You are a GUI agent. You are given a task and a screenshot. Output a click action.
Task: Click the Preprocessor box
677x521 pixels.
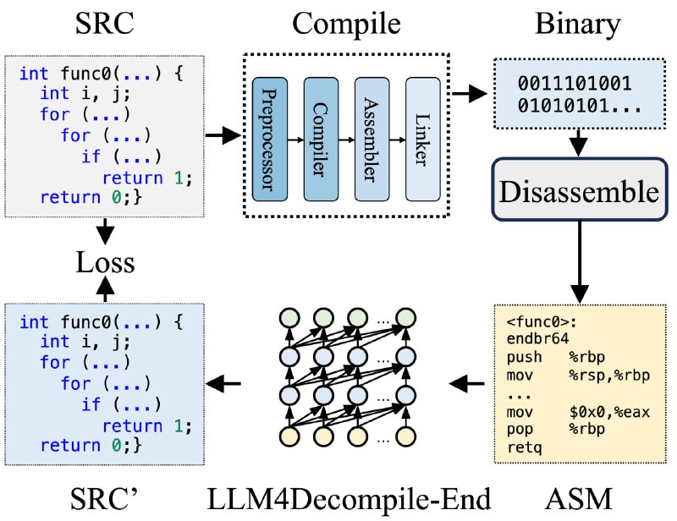tap(270, 139)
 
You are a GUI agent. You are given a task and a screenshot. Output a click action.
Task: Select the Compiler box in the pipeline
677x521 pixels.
tap(321, 139)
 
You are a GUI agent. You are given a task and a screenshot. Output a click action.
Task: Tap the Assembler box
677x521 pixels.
tap(372, 139)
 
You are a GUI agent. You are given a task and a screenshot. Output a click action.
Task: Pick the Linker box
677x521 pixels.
tap(422, 139)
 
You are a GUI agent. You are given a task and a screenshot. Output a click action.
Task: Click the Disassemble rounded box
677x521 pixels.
tap(580, 190)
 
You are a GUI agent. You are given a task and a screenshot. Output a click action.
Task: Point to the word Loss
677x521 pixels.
tap(105, 262)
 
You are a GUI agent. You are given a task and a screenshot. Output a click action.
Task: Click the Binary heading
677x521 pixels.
tap(578, 24)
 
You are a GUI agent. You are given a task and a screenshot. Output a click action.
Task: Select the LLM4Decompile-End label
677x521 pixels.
tap(349, 499)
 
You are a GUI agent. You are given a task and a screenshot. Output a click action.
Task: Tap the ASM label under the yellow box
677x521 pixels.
tap(579, 499)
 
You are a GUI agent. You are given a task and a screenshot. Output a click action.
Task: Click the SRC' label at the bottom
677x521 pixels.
tap(103, 499)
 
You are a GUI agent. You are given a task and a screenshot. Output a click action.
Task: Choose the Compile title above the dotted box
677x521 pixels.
tap(346, 25)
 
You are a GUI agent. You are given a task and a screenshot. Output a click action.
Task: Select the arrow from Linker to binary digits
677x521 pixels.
tap(470, 93)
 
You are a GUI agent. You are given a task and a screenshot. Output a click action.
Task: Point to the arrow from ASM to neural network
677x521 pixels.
tap(467, 383)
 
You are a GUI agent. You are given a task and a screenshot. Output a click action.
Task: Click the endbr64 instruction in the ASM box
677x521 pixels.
tap(537, 339)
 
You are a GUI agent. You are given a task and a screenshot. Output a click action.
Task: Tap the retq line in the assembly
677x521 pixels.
tap(524, 447)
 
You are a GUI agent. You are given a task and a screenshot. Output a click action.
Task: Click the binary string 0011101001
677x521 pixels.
tap(575, 84)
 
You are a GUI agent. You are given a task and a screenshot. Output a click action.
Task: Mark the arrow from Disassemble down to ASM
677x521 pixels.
tap(580, 262)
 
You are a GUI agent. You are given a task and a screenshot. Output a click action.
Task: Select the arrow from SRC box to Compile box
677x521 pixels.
tap(223, 135)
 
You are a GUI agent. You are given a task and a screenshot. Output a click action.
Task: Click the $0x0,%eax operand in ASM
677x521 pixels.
tap(609, 412)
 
